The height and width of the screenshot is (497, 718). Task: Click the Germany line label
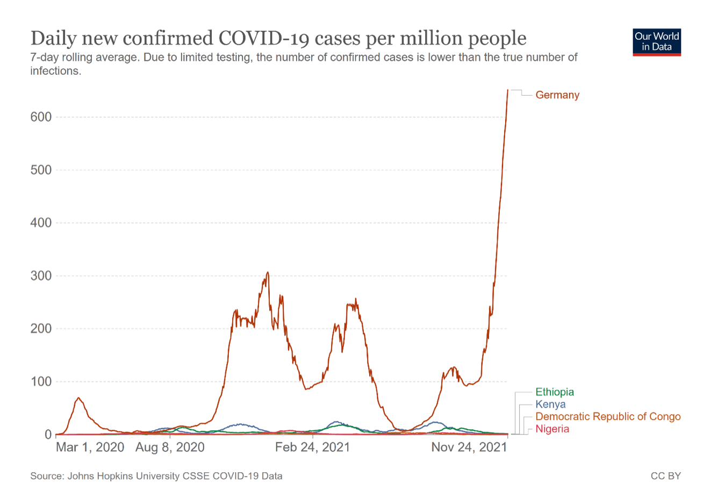(557, 95)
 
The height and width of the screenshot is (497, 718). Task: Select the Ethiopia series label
(555, 392)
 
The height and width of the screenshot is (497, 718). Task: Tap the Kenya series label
(550, 404)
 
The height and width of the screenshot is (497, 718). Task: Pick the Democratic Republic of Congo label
(608, 417)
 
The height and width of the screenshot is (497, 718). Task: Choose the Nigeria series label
(552, 429)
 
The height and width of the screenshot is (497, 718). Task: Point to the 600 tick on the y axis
(41, 117)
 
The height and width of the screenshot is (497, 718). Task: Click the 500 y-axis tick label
(41, 170)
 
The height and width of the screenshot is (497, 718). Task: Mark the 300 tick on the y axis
(41, 276)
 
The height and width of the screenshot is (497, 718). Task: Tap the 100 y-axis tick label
(41, 382)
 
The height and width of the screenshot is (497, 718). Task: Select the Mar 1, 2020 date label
(90, 448)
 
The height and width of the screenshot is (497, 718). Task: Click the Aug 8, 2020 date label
(170, 448)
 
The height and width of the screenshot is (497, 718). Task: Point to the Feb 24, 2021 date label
(312, 448)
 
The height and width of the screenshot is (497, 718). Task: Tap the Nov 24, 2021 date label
(469, 448)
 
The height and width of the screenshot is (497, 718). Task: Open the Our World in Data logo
(657, 42)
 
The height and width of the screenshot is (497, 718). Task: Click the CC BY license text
(665, 476)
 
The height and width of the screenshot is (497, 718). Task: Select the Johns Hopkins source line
(156, 476)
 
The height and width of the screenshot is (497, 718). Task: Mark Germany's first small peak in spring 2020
(79, 398)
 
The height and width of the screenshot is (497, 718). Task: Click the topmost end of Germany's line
(508, 90)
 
